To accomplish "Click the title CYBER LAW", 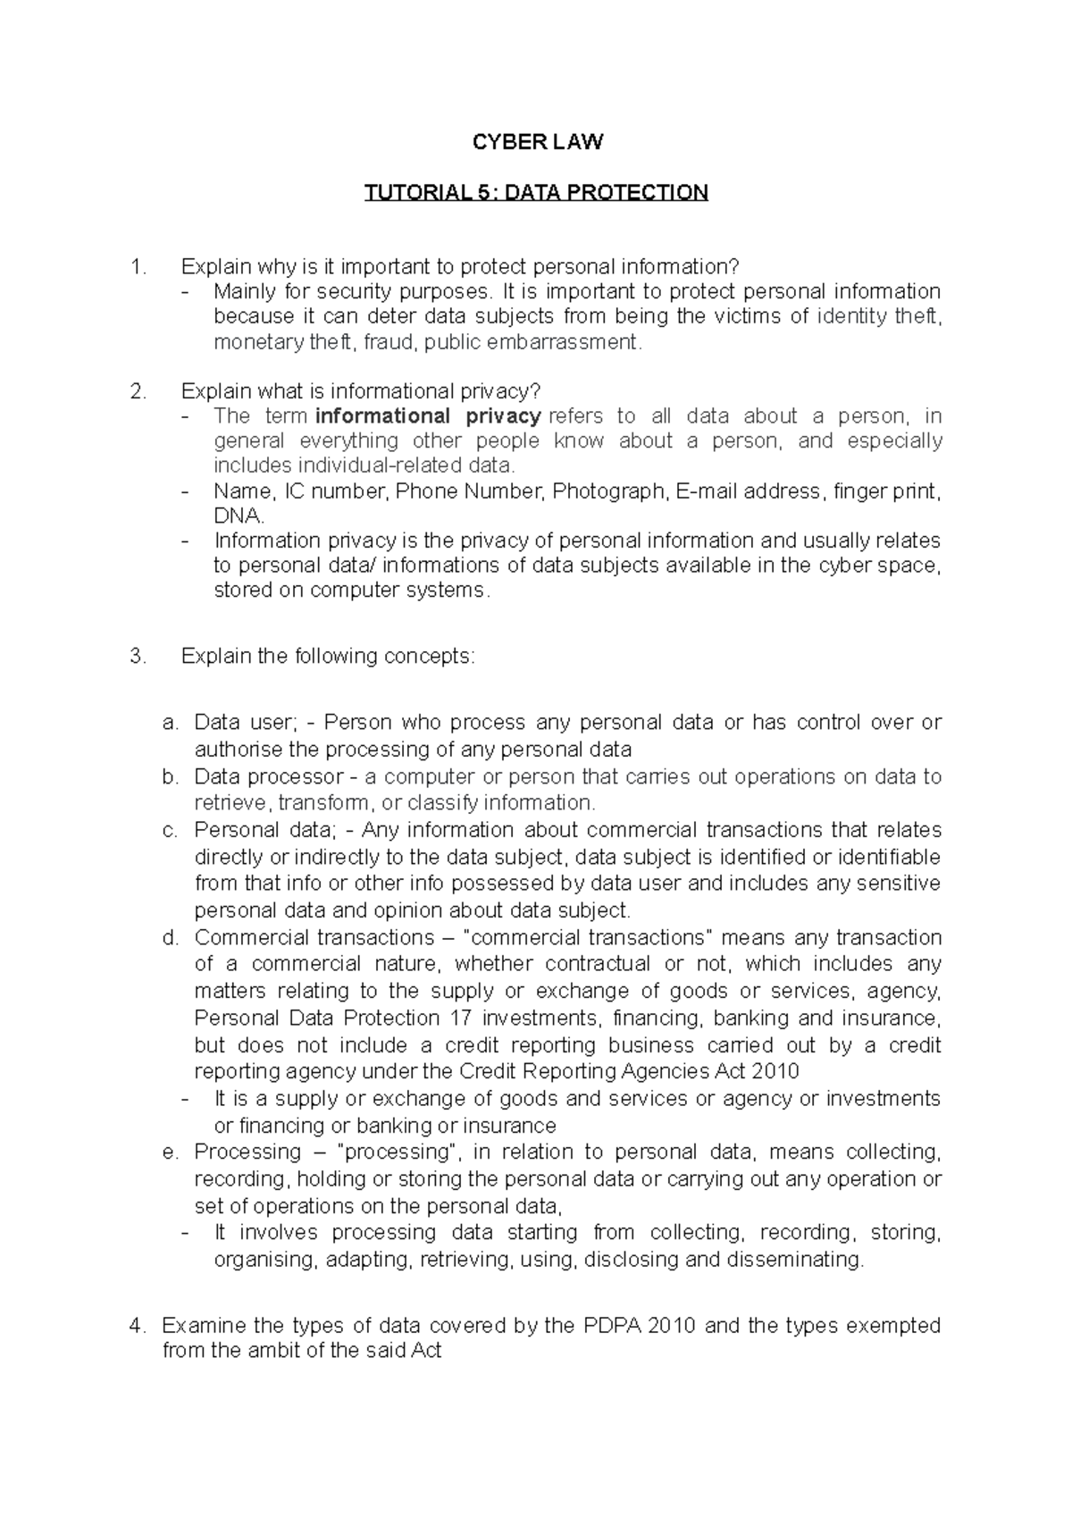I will pos(537,142).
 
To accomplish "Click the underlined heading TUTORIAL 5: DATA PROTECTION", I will pos(536,192).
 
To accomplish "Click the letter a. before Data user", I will pos(171,722).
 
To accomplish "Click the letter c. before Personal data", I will pos(171,830).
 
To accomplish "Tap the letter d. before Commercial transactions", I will pos(171,937).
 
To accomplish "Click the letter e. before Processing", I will pos(171,1152).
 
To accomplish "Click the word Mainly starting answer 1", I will pos(244,291).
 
